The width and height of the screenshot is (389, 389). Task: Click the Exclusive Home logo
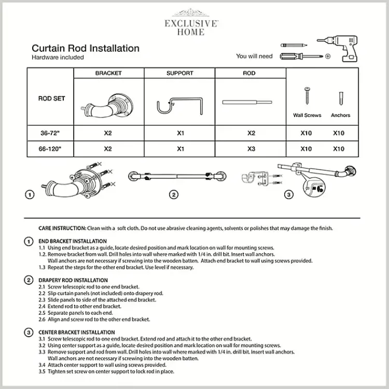(x=191, y=23)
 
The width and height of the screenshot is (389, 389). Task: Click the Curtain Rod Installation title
(x=86, y=48)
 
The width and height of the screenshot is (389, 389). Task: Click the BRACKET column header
(x=108, y=74)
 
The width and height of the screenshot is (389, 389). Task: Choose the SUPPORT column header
(x=179, y=74)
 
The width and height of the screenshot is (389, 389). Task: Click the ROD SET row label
(x=52, y=99)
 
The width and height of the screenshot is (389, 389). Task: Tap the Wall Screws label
(x=307, y=115)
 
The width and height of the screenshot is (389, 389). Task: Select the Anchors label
(x=340, y=115)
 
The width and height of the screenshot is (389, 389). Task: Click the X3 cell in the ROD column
(x=252, y=149)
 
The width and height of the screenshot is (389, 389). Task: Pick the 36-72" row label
(x=51, y=133)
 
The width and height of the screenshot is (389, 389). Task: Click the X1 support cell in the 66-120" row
(x=180, y=149)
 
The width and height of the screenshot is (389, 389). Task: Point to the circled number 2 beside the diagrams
(x=174, y=195)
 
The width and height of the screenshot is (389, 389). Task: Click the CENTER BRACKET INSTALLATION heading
(x=77, y=332)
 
